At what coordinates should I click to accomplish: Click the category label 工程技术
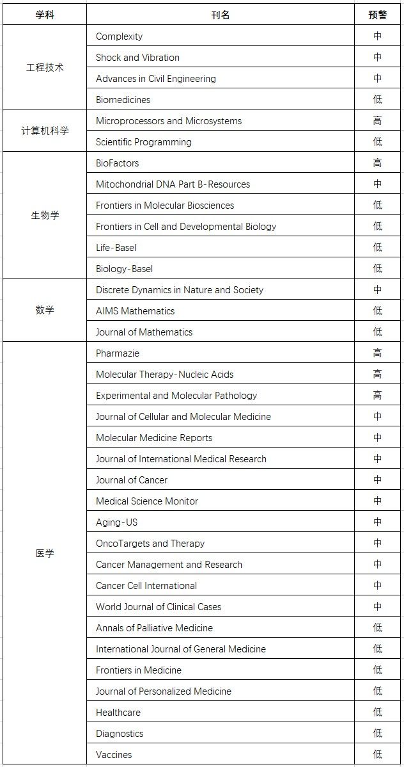(45, 67)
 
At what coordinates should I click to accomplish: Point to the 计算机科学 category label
(45, 131)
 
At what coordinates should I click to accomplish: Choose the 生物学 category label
(45, 215)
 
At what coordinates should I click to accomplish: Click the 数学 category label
(45, 311)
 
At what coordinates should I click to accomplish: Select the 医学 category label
(45, 553)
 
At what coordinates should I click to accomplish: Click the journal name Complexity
(119, 36)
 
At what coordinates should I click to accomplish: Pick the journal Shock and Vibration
(137, 58)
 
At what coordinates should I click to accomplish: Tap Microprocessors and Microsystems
(169, 121)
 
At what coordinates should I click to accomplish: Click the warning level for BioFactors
(377, 163)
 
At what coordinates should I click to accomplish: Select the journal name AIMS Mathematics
(135, 311)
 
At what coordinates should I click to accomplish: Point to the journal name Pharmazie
(118, 353)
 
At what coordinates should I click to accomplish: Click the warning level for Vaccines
(377, 755)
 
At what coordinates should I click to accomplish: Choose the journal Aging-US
(116, 522)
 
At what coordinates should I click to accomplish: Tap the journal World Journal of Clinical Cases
(159, 607)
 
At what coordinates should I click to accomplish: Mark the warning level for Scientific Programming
(377, 142)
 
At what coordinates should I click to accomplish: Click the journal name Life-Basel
(116, 248)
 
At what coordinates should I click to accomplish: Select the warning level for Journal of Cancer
(377, 480)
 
